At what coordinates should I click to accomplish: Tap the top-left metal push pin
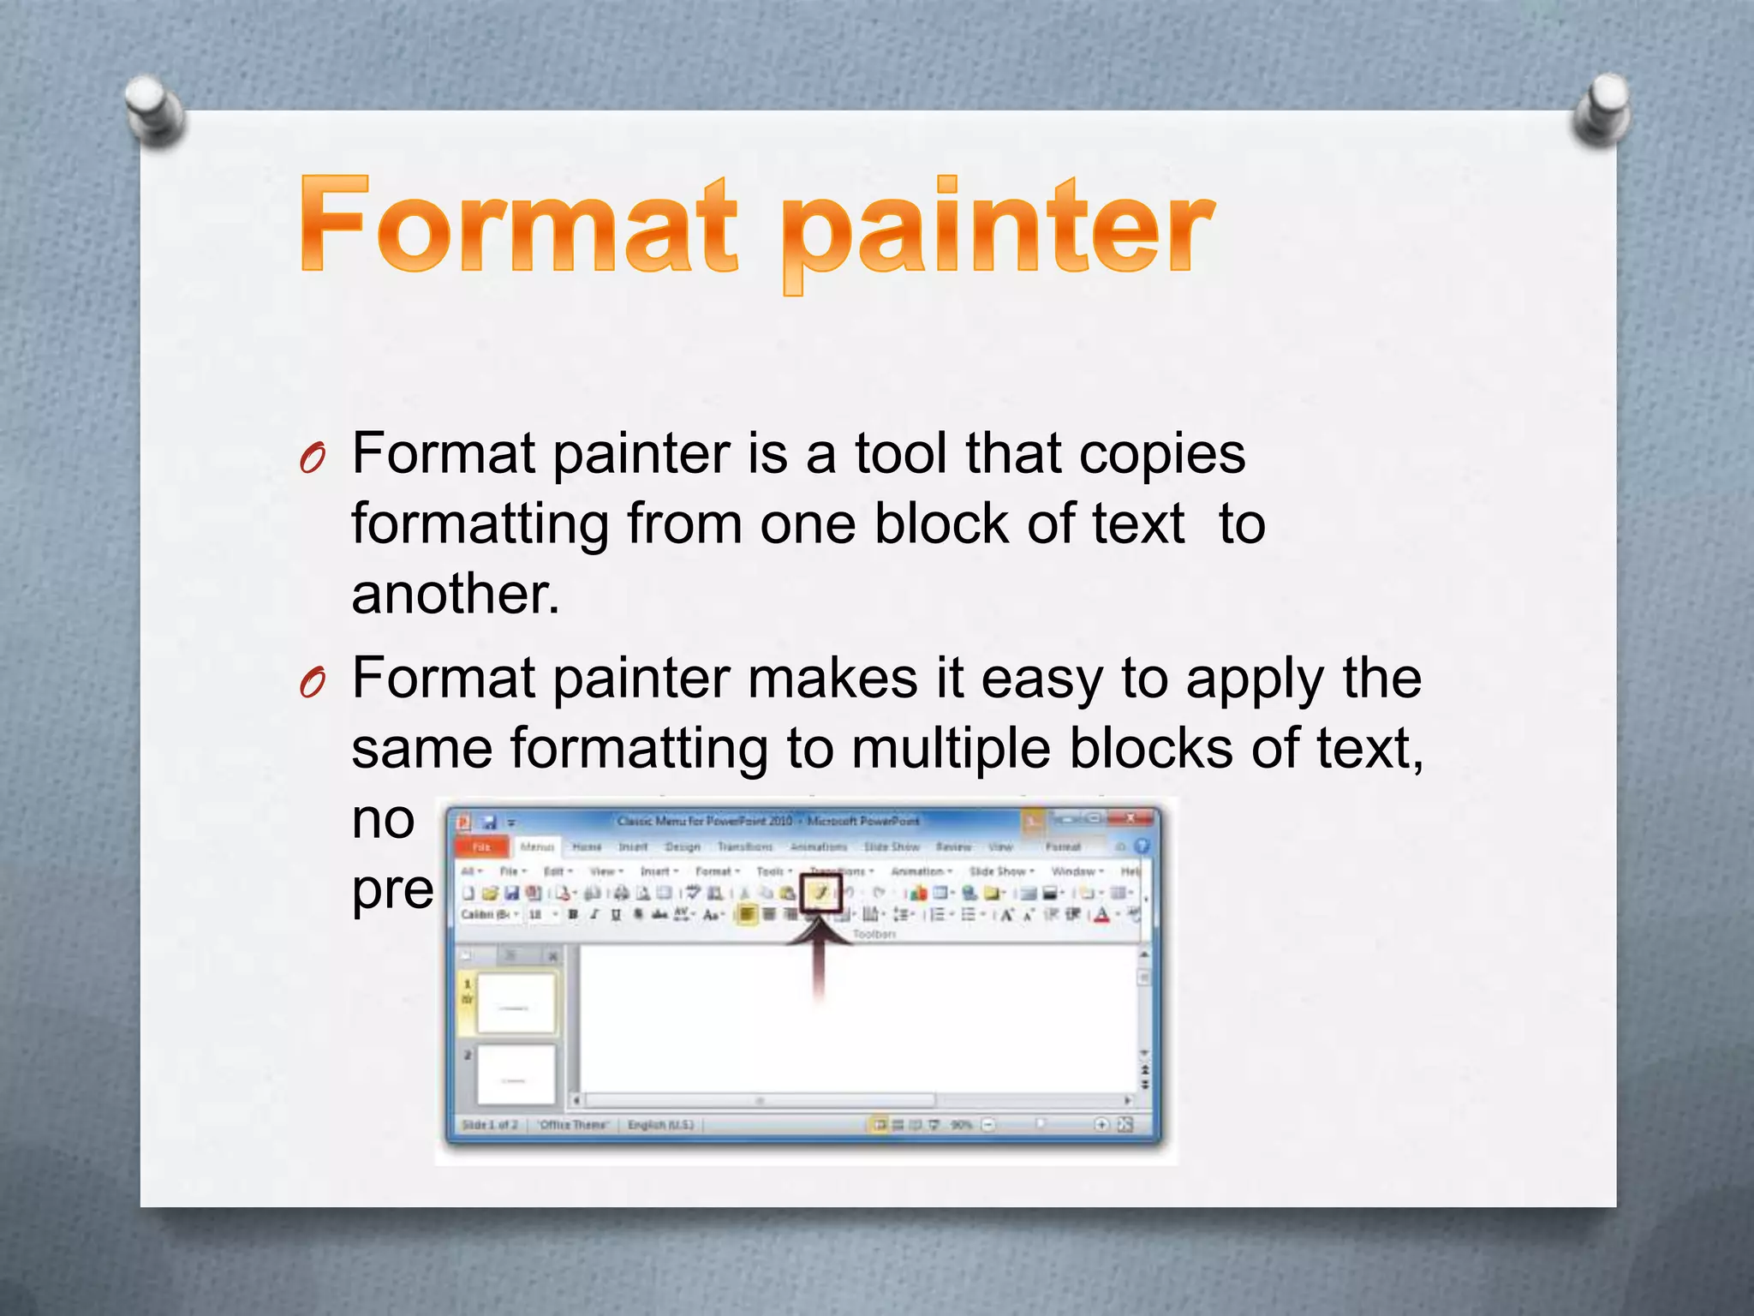pyautogui.click(x=153, y=110)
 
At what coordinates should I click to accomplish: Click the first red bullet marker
pyautogui.click(x=313, y=460)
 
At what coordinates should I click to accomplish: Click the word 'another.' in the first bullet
pyautogui.click(x=456, y=594)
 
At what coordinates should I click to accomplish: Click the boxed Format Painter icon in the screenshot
pyautogui.click(x=820, y=894)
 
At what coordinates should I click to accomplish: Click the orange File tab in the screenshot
pyautogui.click(x=482, y=846)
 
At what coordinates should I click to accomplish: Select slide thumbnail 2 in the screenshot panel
pyautogui.click(x=516, y=1074)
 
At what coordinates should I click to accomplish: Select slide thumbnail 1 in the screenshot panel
pyautogui.click(x=516, y=1002)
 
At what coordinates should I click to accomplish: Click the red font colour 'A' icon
pyautogui.click(x=1102, y=915)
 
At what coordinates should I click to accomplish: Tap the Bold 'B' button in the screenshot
pyautogui.click(x=573, y=915)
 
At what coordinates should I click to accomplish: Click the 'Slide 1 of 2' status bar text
pyautogui.click(x=489, y=1124)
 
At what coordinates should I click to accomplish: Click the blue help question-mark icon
pyautogui.click(x=1142, y=846)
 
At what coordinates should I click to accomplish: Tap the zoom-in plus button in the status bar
pyautogui.click(x=1102, y=1124)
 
